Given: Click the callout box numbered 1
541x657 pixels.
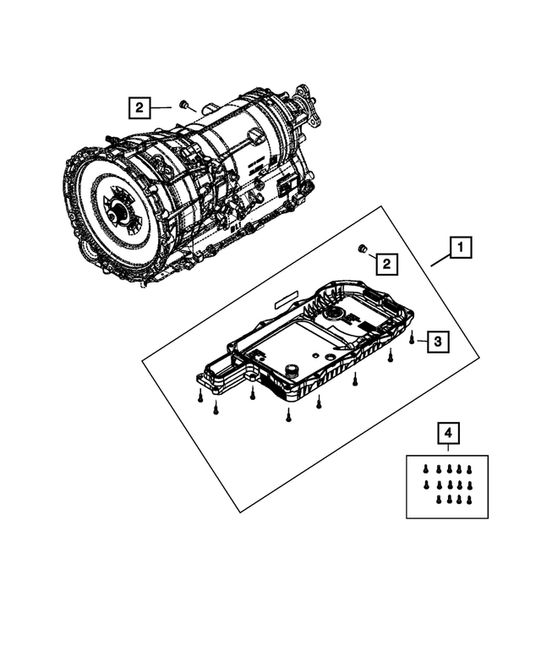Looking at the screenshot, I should click(x=460, y=249).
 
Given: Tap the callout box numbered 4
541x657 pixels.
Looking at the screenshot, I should click(x=448, y=434).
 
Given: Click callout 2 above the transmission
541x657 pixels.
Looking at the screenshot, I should click(x=139, y=107).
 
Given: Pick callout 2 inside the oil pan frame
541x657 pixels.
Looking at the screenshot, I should click(x=385, y=265).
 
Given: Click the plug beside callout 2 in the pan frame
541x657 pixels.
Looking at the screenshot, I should click(x=361, y=248).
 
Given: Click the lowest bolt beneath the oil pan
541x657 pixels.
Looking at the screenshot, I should click(x=288, y=414).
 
